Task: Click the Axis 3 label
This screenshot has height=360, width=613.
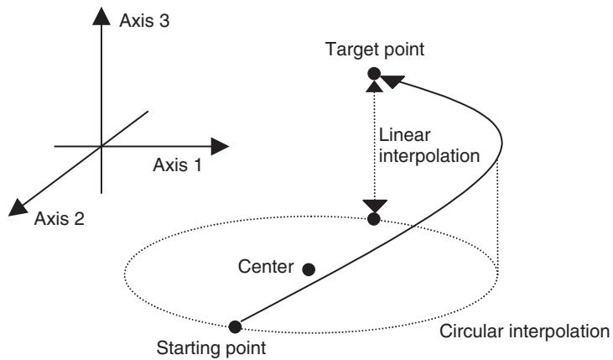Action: coord(144,21)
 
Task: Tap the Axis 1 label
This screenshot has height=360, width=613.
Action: coord(178,165)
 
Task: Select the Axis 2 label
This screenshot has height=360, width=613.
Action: coord(60,218)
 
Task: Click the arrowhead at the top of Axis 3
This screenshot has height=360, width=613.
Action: coord(101,17)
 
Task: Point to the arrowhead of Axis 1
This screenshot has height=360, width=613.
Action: coord(220,146)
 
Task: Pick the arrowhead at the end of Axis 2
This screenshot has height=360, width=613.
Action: coord(18,207)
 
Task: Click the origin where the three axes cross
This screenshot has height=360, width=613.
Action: coord(101,146)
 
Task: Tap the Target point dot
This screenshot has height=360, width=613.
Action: coord(374,73)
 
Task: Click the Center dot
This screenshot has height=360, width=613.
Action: coord(309,269)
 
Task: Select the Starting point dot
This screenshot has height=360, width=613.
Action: coord(235,326)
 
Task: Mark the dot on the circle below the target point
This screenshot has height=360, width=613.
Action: coord(374,219)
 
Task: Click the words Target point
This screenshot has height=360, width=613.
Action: coord(375,50)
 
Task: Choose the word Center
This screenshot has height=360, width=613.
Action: coord(266,267)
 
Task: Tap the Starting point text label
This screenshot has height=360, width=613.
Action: coord(211,348)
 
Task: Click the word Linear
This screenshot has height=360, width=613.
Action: coord(405,135)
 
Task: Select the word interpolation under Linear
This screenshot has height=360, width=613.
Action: coord(429,156)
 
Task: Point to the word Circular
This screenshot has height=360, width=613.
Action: coord(471,331)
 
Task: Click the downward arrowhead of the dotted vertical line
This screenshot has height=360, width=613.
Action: coord(375,206)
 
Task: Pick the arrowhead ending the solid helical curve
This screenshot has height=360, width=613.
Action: coord(392,81)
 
